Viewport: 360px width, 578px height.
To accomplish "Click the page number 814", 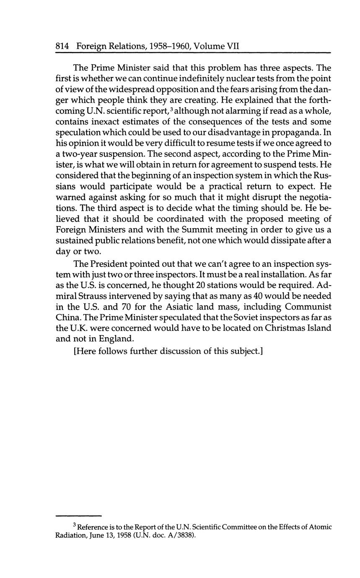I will [62, 46].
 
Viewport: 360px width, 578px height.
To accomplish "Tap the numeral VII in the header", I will [233, 46].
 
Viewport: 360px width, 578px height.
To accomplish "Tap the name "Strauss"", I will [93, 296].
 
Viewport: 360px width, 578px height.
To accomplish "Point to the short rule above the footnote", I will [79, 516].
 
